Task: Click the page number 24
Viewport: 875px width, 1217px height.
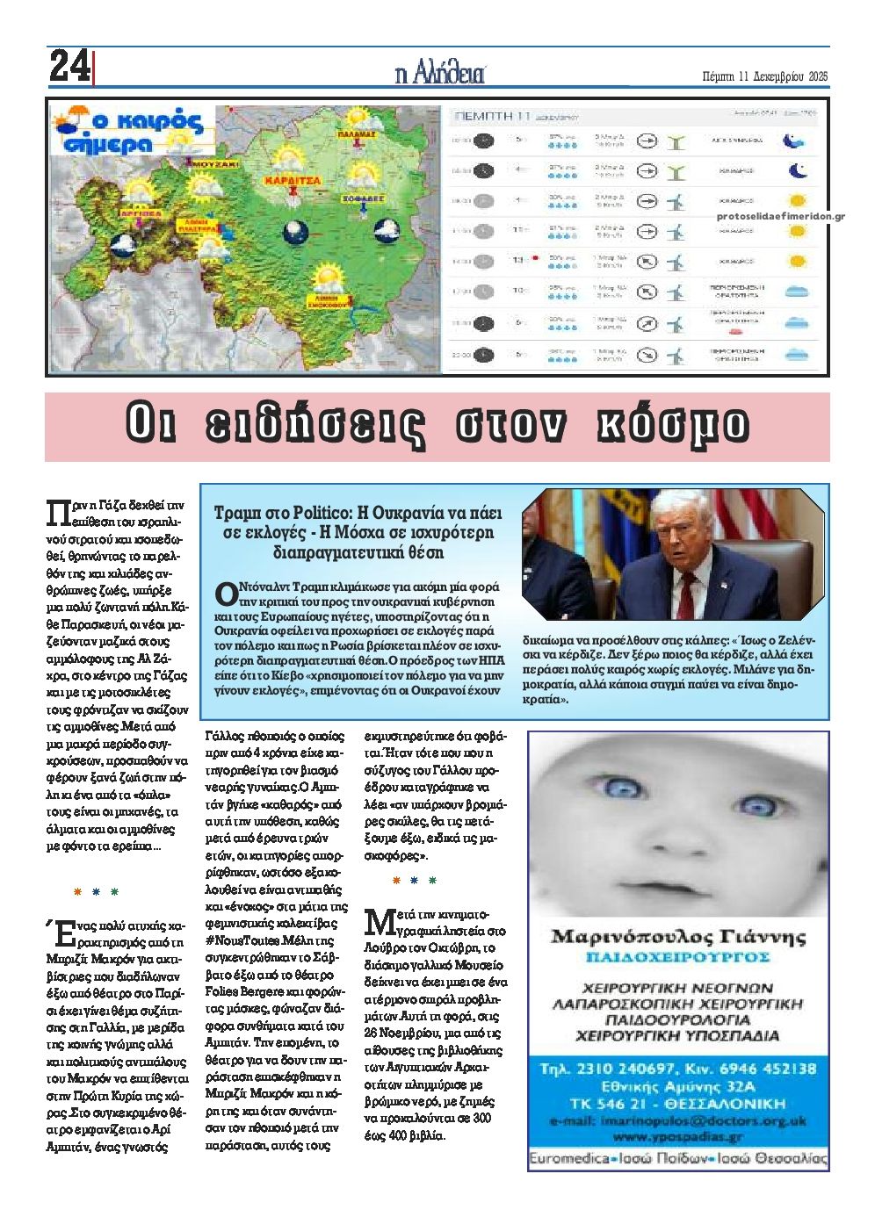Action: click(69, 67)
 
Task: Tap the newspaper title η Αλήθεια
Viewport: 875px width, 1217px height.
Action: click(439, 74)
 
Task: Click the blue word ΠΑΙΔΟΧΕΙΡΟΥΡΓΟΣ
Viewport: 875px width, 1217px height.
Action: click(677, 956)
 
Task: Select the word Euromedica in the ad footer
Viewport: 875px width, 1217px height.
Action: click(568, 1159)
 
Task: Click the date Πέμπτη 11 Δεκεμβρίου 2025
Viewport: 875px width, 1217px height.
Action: click(766, 76)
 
